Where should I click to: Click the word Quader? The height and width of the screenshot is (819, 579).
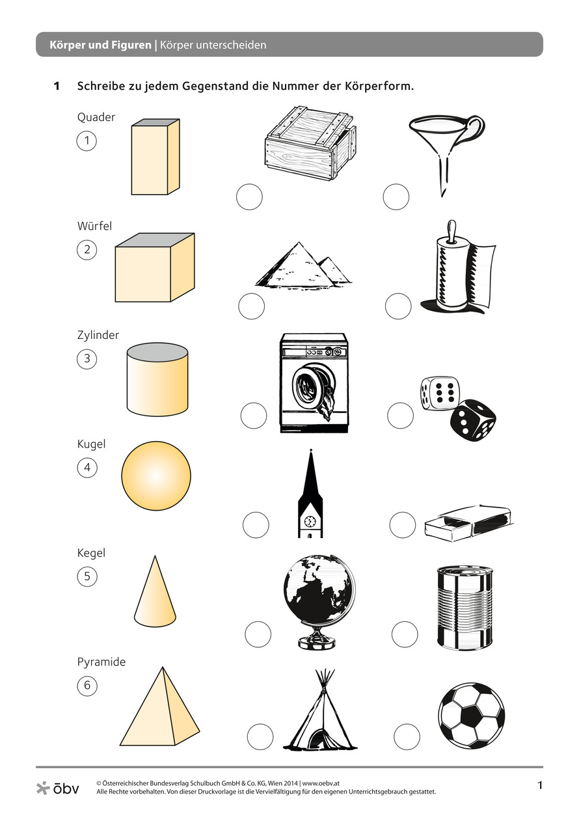point(96,117)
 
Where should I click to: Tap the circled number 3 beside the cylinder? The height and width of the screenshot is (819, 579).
point(87,358)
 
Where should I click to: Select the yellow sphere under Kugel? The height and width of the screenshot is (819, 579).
point(156,476)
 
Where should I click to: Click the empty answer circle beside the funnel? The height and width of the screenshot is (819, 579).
point(396,196)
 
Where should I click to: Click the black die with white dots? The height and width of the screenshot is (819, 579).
point(472,420)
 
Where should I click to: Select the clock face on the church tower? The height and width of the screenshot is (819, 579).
point(310,520)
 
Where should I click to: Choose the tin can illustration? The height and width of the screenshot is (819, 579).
point(465,607)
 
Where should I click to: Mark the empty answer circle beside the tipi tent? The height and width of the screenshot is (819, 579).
point(260,737)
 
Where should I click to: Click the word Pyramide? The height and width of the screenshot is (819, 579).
point(101,662)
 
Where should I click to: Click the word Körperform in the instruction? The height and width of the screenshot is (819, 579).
point(379,87)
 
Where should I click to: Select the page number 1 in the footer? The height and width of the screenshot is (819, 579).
point(540,785)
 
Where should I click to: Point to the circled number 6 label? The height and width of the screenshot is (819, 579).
point(87,685)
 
